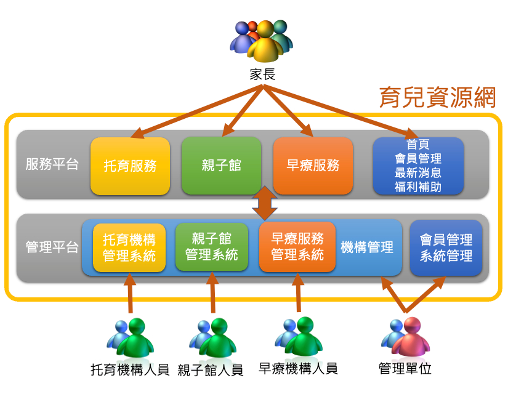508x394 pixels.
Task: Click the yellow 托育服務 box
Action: pos(130,166)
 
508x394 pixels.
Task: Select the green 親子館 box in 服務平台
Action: pos(221,165)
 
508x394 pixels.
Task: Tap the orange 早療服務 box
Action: pos(313,165)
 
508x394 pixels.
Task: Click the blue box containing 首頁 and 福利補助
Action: pos(418,166)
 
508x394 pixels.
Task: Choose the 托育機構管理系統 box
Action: pos(129,247)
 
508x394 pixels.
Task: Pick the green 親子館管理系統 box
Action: pos(212,246)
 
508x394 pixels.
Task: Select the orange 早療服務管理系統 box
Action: pos(297,246)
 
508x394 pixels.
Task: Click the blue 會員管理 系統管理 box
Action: pos(446,247)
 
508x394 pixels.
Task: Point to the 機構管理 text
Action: pos(367,247)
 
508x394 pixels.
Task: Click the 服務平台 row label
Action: pos(52,165)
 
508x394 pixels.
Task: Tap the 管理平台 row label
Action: pos(52,247)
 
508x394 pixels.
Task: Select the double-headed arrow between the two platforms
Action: pos(265,203)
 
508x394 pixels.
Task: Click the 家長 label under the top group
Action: pos(262,74)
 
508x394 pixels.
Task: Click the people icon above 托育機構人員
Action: pos(130,337)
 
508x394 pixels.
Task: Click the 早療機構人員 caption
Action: pos(299,369)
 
